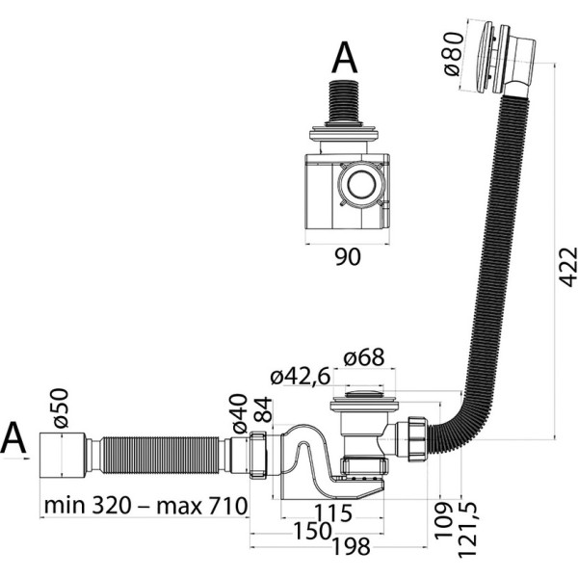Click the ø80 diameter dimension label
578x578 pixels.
pos(453,54)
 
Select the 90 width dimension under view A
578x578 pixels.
pos(348,257)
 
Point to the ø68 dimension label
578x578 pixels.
pos(364,357)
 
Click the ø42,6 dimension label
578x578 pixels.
pos(301,377)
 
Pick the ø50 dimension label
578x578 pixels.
pos(60,408)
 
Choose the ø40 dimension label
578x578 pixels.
pos(240,413)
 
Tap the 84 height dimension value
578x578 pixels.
pos(263,410)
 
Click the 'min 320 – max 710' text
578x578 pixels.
pos(145,506)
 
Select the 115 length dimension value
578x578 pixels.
pos(333,512)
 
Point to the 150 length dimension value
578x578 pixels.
pos(312,531)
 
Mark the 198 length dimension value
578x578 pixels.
pos(351,546)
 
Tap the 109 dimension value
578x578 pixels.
pos(443,520)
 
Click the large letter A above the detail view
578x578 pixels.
pos(345,58)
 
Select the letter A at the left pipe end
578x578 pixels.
pos(13,438)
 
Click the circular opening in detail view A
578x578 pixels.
pos(361,184)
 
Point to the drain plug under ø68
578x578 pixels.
pos(363,394)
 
